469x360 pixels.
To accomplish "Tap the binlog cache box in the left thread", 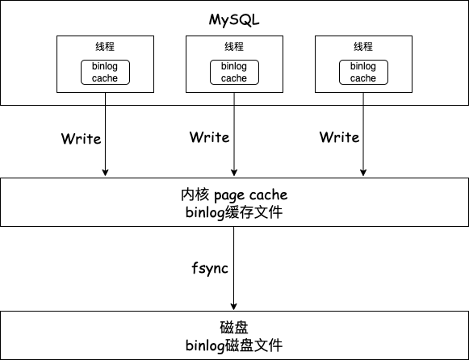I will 105,73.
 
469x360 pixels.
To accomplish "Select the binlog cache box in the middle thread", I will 234,73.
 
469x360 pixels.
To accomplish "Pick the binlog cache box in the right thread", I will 363,73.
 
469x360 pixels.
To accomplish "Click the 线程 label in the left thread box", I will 105,46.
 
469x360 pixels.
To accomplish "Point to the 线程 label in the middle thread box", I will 234,46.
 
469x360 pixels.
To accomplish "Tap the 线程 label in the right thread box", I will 363,46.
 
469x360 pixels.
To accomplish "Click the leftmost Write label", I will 81,138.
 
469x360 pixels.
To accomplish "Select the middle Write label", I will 210,137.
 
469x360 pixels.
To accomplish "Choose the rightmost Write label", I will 339,137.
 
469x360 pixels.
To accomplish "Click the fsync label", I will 208,267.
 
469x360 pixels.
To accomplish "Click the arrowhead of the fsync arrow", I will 234,305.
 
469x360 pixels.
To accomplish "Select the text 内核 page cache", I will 234,195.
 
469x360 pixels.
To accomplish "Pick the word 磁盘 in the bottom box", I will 234,328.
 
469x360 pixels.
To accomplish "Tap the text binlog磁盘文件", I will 234,345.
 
